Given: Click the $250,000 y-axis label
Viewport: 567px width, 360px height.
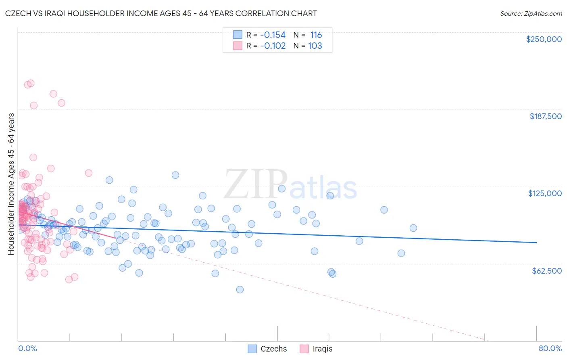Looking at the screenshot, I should coord(544,39).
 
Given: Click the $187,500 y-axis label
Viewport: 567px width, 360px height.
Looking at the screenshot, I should coord(545,116).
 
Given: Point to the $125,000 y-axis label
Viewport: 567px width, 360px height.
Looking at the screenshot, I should coord(545,193).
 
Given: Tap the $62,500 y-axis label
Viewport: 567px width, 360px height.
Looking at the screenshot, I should coord(546,271).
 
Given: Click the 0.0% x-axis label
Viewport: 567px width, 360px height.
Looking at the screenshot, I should coord(27,348).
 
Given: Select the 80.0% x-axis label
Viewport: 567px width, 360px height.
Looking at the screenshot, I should coord(550,348).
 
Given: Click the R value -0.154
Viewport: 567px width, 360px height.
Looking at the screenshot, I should coord(273,35).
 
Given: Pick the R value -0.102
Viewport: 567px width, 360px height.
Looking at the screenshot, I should coord(273,46).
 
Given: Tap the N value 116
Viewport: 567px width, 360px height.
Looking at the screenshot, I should coord(316,35).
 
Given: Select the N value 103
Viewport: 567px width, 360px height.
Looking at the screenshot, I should coord(315,46).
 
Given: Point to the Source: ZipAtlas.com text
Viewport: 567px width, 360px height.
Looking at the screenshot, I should coord(531,13).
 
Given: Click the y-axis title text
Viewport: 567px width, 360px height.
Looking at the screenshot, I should coord(11,184).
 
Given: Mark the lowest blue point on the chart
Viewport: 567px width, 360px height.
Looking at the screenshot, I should coord(240,289).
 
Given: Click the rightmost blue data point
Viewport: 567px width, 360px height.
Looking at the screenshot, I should coord(413,228).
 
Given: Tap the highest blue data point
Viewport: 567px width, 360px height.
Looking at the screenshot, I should coord(175,175).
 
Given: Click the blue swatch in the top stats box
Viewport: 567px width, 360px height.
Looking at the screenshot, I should coord(238,35).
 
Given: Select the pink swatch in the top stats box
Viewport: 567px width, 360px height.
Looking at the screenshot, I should coord(238,46).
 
